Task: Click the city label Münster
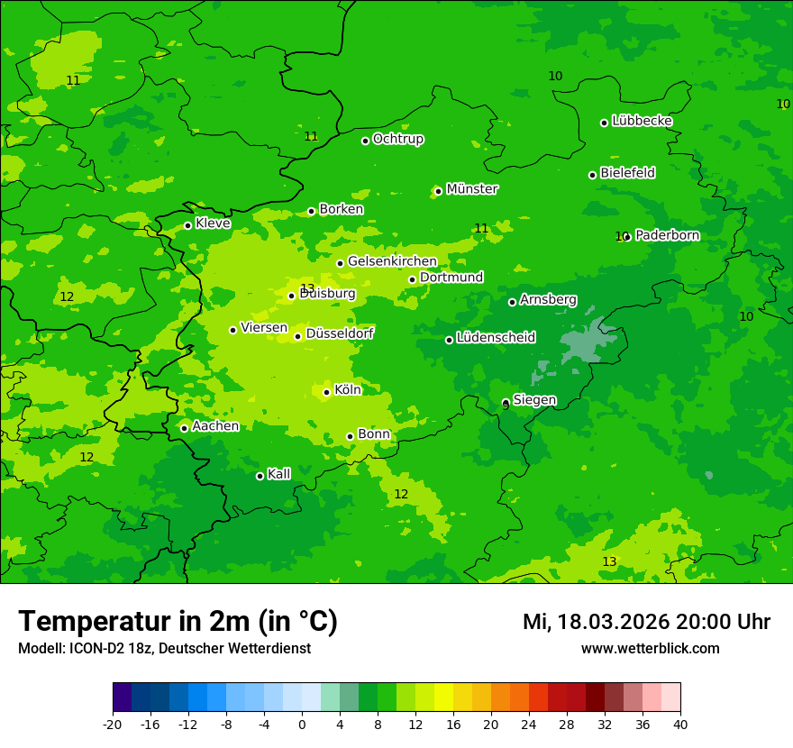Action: [x=472, y=189]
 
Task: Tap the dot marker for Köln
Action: [x=326, y=392]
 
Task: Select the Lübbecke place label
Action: [x=642, y=121]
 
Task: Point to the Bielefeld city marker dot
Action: [x=592, y=175]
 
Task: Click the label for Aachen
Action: [x=215, y=426]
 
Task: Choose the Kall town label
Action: [x=279, y=474]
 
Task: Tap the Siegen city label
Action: [x=534, y=400]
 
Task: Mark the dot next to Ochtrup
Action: [x=365, y=141]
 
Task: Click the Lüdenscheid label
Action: [x=496, y=338]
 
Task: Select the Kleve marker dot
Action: [x=187, y=225]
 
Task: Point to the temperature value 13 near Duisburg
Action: [x=307, y=288]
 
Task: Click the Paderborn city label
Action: [x=667, y=235]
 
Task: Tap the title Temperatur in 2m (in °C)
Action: [x=178, y=622]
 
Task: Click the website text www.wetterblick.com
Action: [x=650, y=649]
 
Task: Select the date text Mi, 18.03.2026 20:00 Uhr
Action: [x=646, y=623]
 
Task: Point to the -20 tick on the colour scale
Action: [x=113, y=724]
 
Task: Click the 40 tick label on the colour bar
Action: [x=679, y=724]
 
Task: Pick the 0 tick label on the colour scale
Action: [x=302, y=724]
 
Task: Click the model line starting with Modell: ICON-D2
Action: [x=164, y=649]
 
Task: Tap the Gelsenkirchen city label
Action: [x=392, y=261]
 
